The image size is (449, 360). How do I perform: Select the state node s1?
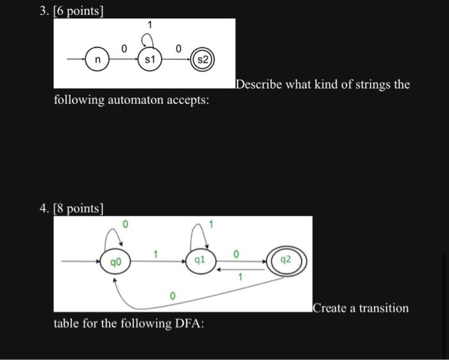(x=149, y=60)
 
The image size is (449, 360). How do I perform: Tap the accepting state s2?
(x=202, y=60)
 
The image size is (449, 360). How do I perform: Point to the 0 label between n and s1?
(x=124, y=48)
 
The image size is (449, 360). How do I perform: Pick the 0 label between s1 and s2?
(x=178, y=48)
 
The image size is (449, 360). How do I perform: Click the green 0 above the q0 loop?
(x=126, y=225)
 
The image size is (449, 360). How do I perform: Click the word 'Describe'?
(x=260, y=85)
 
